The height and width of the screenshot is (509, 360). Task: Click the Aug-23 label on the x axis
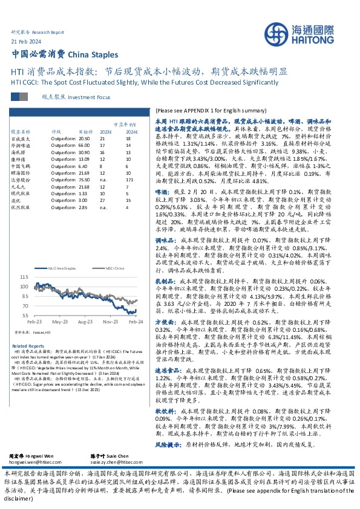pos(85,322)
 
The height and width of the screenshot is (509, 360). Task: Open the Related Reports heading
pos(28,345)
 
